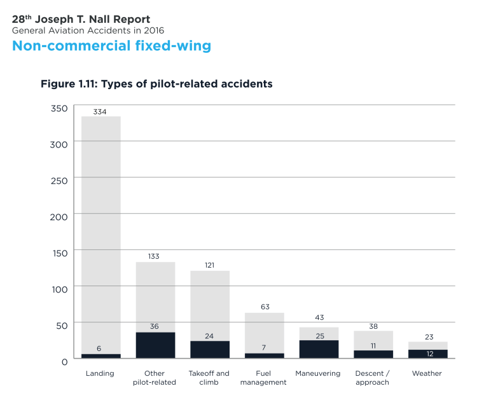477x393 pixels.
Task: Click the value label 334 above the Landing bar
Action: pos(100,112)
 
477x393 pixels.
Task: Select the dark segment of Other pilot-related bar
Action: pos(155,346)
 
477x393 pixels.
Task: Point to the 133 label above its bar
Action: pos(155,257)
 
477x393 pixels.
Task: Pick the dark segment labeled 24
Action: pos(209,350)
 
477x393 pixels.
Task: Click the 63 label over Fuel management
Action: pos(265,307)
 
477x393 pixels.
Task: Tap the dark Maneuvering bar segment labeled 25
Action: pos(319,350)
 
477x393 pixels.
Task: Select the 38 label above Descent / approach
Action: pos(373,326)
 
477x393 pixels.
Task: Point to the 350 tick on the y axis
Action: pos(59,108)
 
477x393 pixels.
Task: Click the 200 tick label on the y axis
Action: pos(59,216)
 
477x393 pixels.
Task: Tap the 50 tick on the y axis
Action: pos(62,326)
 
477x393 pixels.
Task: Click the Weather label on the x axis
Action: pos(427,373)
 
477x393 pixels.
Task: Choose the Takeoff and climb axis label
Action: pos(209,378)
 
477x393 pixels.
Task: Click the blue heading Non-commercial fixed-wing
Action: pos(111,46)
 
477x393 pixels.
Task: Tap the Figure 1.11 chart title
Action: pos(156,84)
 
